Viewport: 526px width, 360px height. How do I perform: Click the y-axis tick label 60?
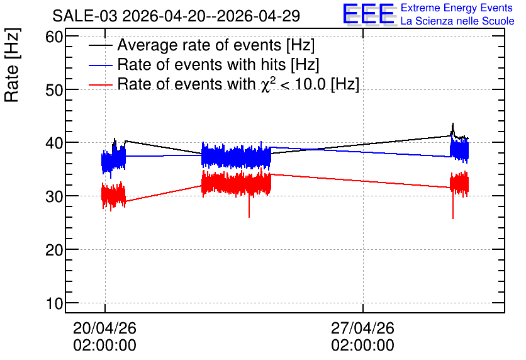pos(55,37)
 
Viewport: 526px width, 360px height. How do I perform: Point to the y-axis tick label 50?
pos(55,90)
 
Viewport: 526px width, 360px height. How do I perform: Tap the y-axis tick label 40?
pos(55,143)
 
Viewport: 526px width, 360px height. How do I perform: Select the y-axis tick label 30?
pos(55,196)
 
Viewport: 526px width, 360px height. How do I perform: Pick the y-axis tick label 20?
pos(55,250)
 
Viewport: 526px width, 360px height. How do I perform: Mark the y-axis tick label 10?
pos(55,303)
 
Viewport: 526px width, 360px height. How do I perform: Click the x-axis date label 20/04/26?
pos(104,328)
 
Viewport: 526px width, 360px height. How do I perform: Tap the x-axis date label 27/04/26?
pos(362,328)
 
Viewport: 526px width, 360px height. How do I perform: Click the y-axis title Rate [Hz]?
pos(12,65)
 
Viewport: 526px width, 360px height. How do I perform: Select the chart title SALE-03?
pos(85,16)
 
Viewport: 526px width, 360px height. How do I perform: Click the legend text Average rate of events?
pos(199,45)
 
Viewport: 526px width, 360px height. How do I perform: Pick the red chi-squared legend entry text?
pos(238,84)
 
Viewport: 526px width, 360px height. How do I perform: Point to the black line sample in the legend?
pos(100,45)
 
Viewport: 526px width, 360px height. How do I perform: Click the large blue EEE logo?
pos(369,14)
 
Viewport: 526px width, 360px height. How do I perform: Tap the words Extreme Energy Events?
pos(457,8)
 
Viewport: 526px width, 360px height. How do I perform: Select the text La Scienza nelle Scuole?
pos(457,21)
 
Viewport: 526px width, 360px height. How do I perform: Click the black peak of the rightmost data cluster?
pos(452,124)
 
